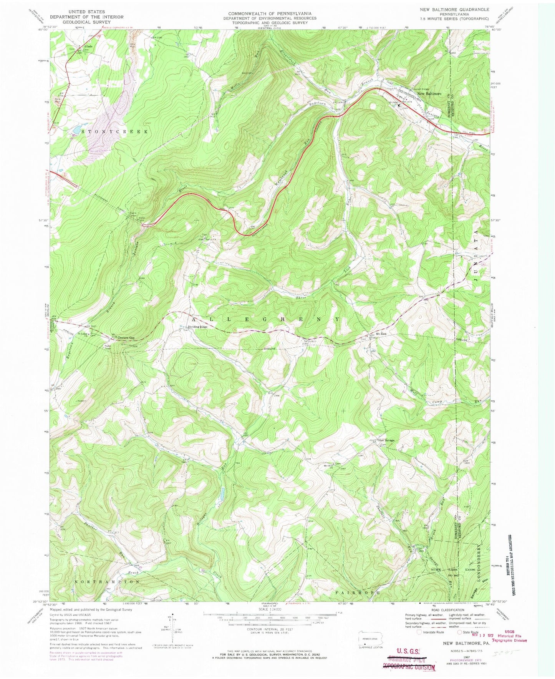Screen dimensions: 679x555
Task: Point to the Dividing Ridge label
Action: (x=197, y=327)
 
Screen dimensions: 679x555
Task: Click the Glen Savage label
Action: (x=386, y=440)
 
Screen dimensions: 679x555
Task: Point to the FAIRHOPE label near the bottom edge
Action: (x=358, y=593)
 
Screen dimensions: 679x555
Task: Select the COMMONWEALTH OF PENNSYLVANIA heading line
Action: (x=270, y=13)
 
